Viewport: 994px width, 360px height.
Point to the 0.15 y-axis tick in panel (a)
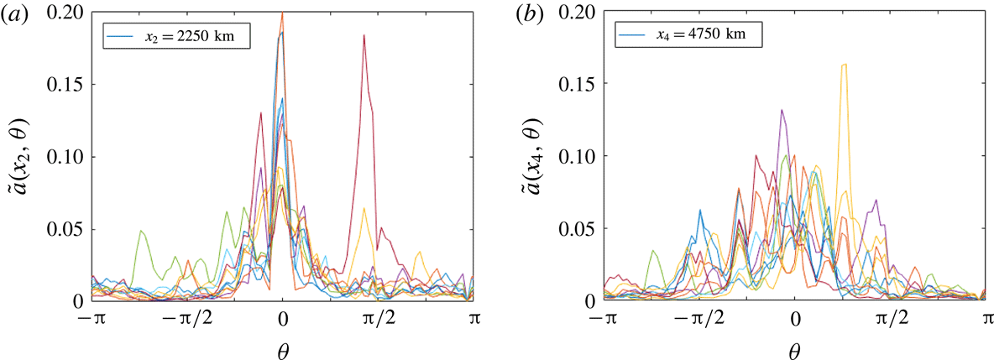pos(68,84)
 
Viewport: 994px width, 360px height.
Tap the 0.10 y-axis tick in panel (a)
pos(68,156)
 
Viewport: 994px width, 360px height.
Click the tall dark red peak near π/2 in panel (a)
pos(364,37)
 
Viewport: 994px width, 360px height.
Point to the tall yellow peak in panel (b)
pos(844,65)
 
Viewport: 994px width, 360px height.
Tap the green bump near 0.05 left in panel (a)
pos(142,231)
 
